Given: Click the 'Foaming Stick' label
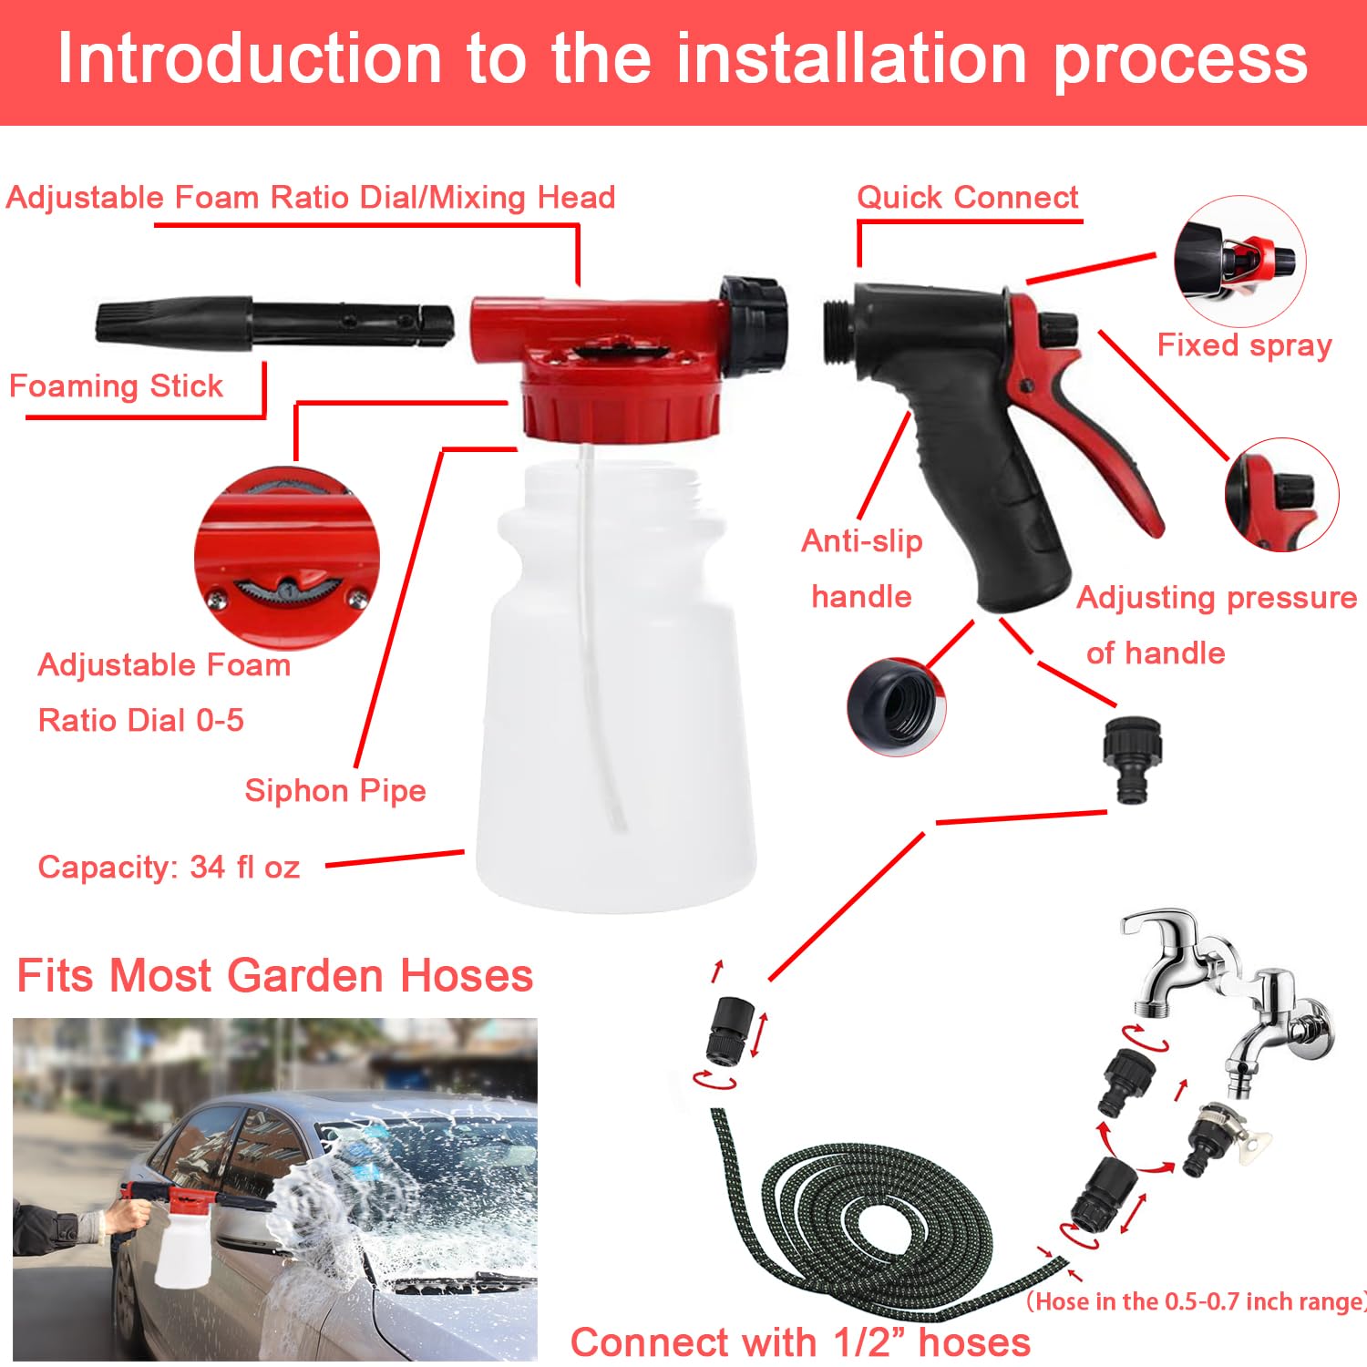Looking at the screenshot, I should click(x=116, y=386).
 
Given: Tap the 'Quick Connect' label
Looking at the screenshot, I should click(x=967, y=198).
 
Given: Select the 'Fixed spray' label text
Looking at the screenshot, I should click(x=1244, y=346).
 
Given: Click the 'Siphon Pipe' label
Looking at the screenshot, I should click(x=334, y=790).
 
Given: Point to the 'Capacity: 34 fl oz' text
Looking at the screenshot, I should click(x=169, y=867).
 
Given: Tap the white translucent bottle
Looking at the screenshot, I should click(x=615, y=711).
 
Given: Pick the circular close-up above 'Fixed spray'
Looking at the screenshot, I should click(x=1239, y=262).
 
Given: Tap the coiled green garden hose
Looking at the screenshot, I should click(x=875, y=1221).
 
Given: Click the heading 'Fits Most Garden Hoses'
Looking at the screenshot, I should click(x=274, y=976).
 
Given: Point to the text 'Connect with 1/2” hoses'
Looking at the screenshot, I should click(x=800, y=1342).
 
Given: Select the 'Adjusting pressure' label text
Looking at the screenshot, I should click(x=1217, y=598).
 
